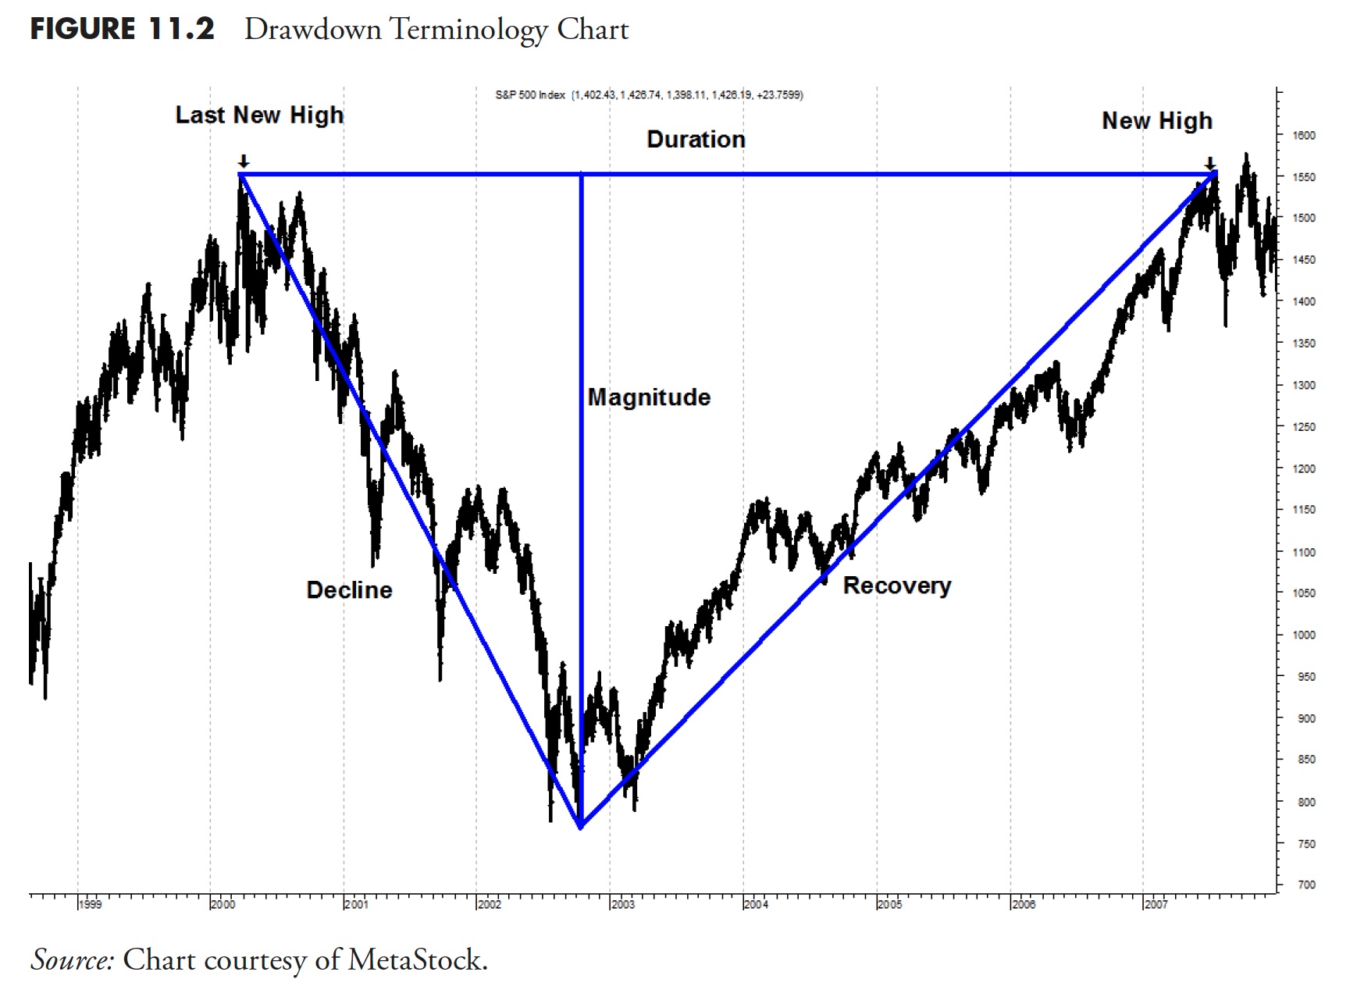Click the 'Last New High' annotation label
259,115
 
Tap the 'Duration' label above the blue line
696,140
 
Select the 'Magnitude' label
649,397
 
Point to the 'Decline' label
349,589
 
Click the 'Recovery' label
897,586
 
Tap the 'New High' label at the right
1157,121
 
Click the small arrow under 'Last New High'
244,162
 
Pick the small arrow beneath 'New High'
1210,163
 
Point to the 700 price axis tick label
1305,885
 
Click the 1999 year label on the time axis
90,904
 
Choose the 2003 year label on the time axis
623,904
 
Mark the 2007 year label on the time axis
1156,904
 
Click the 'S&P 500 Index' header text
530,95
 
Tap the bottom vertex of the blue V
581,827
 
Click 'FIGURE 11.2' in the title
122,30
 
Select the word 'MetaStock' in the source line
415,959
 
